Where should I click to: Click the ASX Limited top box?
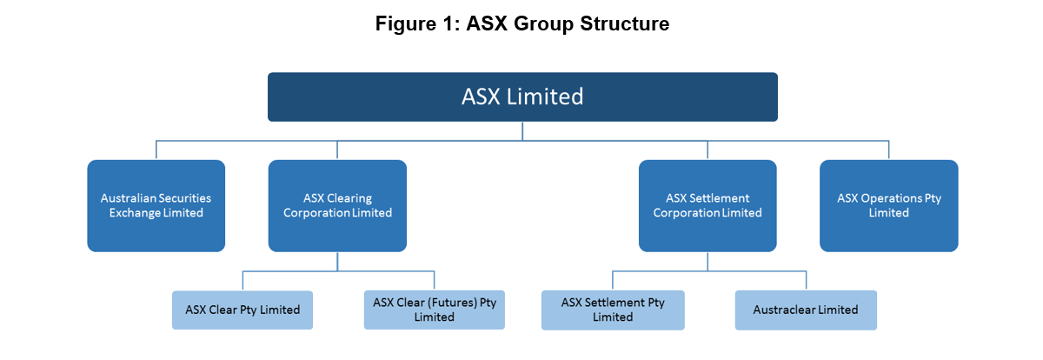pyautogui.click(x=521, y=97)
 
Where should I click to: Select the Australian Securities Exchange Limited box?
pyautogui.click(x=156, y=205)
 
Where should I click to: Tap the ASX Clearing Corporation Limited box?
pyautogui.click(x=337, y=205)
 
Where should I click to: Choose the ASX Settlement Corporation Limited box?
pyautogui.click(x=708, y=205)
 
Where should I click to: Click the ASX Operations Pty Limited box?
pyautogui.click(x=888, y=205)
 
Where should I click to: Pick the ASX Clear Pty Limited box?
pyautogui.click(x=242, y=310)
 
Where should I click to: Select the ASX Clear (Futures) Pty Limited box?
pyautogui.click(x=434, y=310)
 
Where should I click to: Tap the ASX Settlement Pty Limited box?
pyautogui.click(x=613, y=310)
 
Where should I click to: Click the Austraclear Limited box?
pyautogui.click(x=806, y=310)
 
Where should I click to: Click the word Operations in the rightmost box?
pyautogui.click(x=892, y=198)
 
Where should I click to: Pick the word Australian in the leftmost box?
pyautogui.click(x=130, y=198)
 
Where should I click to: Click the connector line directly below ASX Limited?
pyautogui.click(x=522, y=130)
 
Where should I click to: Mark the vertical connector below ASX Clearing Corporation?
pyautogui.click(x=337, y=261)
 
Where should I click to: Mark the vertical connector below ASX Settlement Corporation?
pyautogui.click(x=708, y=261)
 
